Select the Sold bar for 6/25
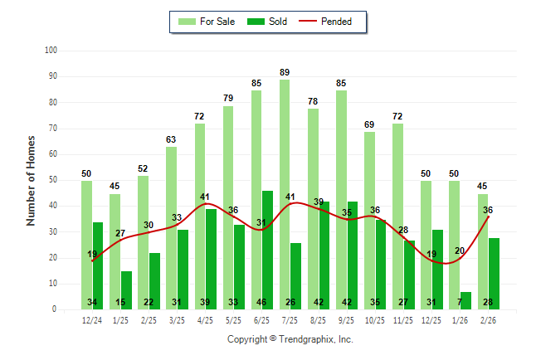click(x=267, y=250)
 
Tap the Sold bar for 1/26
click(x=465, y=300)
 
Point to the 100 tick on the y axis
click(x=51, y=51)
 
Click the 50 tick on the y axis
click(x=52, y=180)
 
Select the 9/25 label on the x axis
click(x=347, y=319)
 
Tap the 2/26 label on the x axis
click(x=488, y=319)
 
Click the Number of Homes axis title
click(x=31, y=180)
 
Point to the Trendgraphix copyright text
click(x=290, y=339)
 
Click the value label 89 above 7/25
click(x=285, y=73)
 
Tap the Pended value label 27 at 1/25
click(x=120, y=233)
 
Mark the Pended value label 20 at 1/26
click(x=460, y=251)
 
